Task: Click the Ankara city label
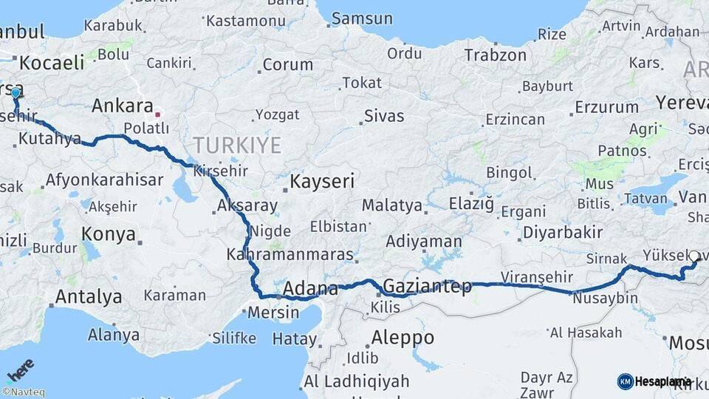(122, 106)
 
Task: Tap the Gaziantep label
(428, 287)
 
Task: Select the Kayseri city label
(322, 181)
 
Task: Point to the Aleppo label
(403, 338)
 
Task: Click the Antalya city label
(89, 297)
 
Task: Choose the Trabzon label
(495, 55)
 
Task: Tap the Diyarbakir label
(563, 232)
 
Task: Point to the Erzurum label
(606, 107)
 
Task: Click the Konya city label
(109, 234)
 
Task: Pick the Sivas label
(384, 116)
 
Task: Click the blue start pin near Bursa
(16, 93)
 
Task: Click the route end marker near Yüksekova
(694, 257)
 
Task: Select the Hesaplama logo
(654, 381)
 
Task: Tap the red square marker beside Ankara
(157, 115)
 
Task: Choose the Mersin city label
(273, 312)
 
